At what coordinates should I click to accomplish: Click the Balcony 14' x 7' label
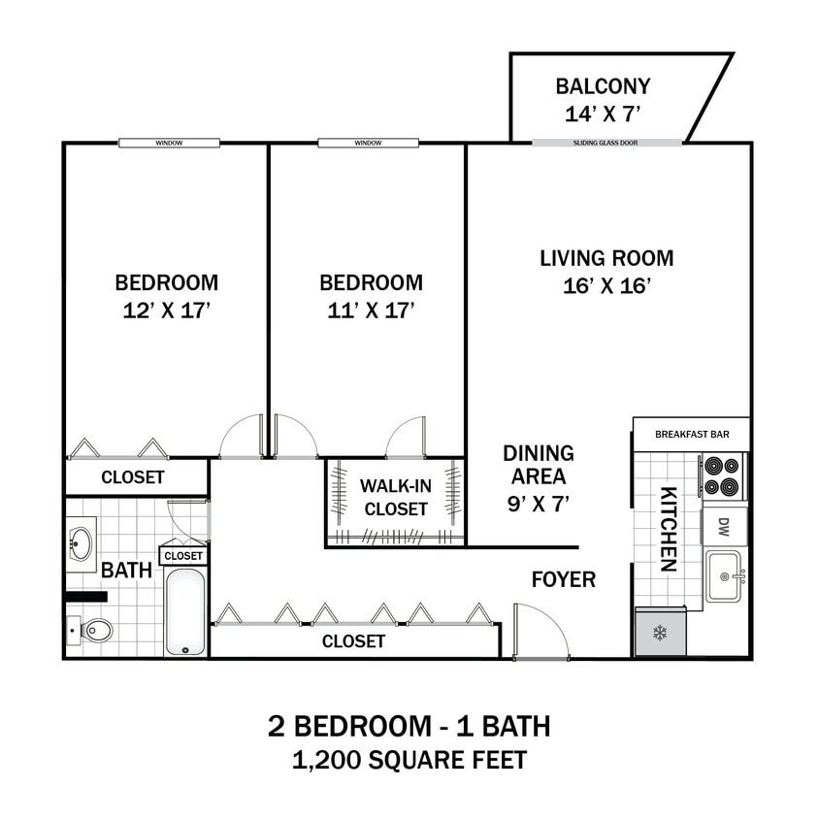pyautogui.click(x=603, y=100)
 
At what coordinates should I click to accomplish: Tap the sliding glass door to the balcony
pyautogui.click(x=606, y=143)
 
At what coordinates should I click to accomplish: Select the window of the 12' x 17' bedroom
pyautogui.click(x=169, y=143)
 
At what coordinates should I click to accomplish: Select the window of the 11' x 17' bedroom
pyautogui.click(x=368, y=143)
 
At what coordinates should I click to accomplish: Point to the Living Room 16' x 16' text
pyautogui.click(x=606, y=272)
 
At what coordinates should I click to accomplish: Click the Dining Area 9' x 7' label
pyautogui.click(x=538, y=477)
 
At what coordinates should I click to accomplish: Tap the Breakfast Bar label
pyautogui.click(x=691, y=434)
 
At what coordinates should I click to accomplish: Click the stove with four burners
pyautogui.click(x=723, y=476)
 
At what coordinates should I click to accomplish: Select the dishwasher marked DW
pyautogui.click(x=723, y=527)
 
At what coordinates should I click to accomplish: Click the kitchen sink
pyautogui.click(x=723, y=576)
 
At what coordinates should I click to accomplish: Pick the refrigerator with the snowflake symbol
pyautogui.click(x=660, y=634)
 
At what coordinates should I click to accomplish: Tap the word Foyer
pyautogui.click(x=563, y=580)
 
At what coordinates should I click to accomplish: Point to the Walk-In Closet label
pyautogui.click(x=394, y=497)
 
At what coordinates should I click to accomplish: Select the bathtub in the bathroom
pyautogui.click(x=184, y=611)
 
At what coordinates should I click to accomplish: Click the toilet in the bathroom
pyautogui.click(x=92, y=632)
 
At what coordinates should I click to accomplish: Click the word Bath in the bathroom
pyautogui.click(x=126, y=570)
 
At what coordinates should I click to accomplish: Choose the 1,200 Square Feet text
pyautogui.click(x=409, y=760)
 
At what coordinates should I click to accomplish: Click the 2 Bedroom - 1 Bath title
pyautogui.click(x=409, y=726)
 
